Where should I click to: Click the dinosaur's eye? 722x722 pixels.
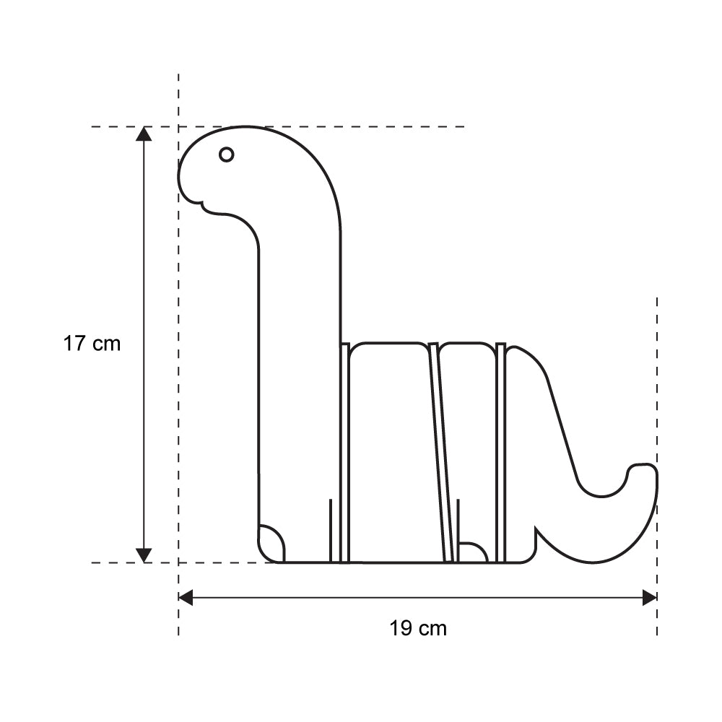tap(226, 155)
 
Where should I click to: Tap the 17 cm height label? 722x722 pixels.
tap(92, 344)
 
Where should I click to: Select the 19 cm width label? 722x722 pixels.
tap(418, 628)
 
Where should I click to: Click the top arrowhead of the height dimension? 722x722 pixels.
tap(144, 134)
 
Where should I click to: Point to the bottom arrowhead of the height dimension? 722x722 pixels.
tap(144, 555)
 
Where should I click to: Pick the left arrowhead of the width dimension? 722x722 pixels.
tap(186, 598)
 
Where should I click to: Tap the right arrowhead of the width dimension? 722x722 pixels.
tap(650, 598)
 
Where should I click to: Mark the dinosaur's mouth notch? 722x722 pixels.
tap(201, 204)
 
